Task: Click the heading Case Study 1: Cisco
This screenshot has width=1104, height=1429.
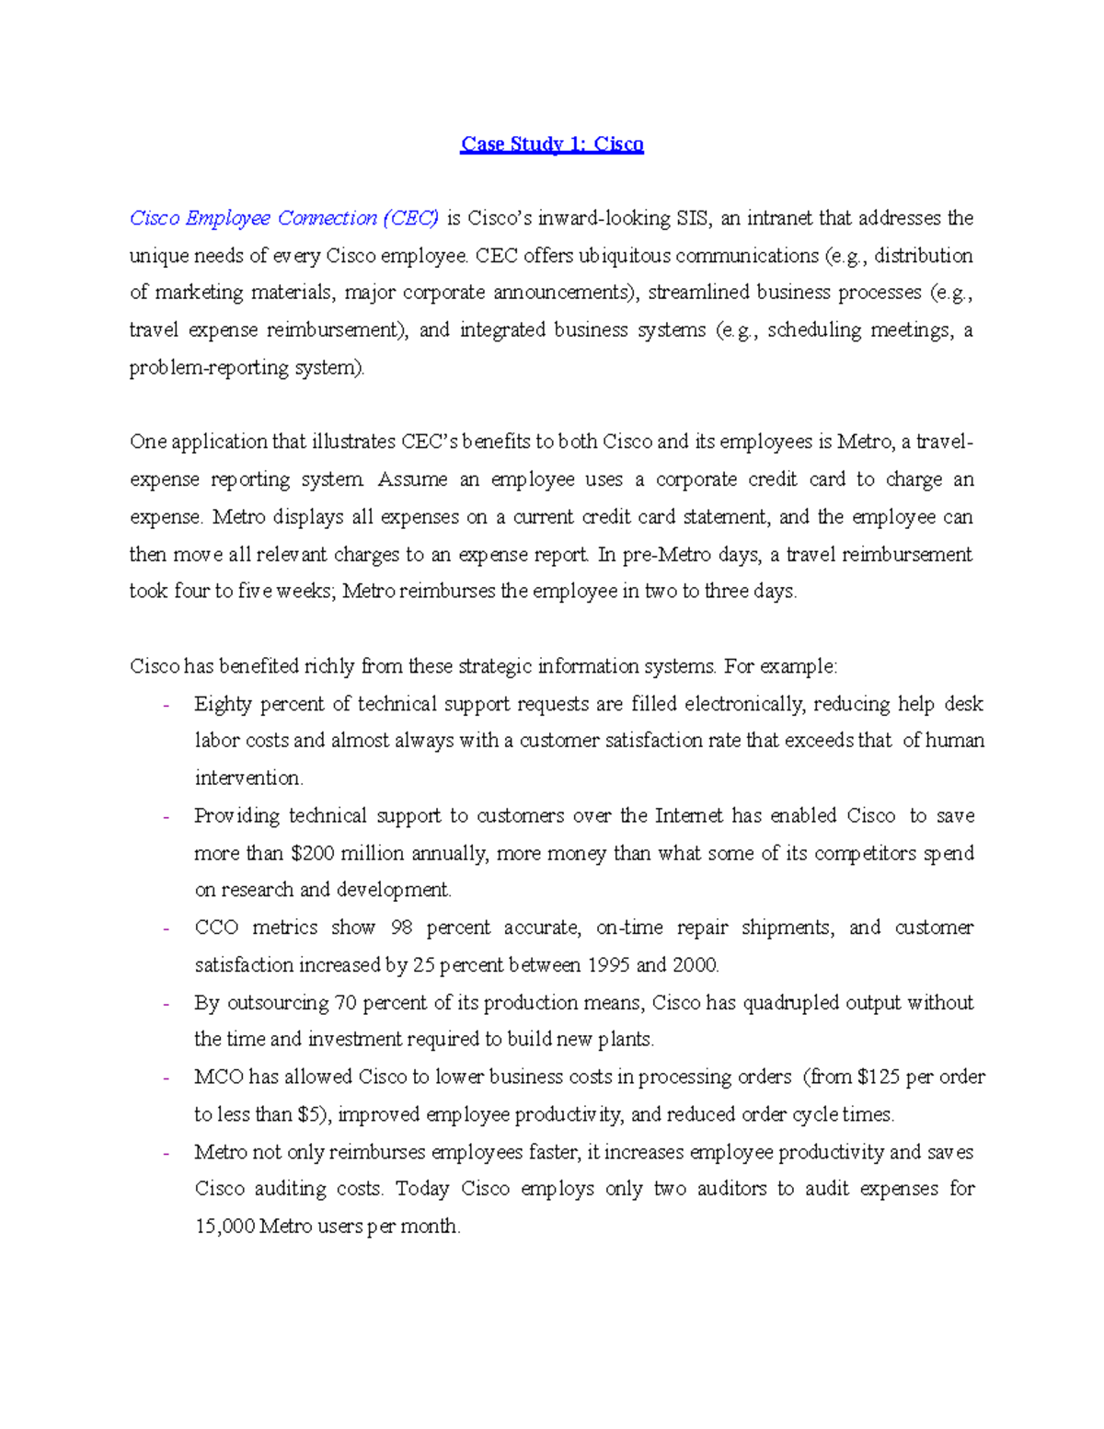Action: (552, 144)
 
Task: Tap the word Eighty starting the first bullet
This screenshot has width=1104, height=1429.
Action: (223, 705)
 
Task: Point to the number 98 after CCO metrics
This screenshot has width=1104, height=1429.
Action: (402, 928)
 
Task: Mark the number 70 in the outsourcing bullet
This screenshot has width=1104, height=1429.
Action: (345, 1003)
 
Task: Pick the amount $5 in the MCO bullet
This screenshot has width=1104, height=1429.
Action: (309, 1115)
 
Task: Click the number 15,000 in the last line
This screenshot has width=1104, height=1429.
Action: (224, 1227)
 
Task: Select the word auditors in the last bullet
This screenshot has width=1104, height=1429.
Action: (731, 1189)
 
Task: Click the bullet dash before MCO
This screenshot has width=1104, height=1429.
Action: (167, 1078)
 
